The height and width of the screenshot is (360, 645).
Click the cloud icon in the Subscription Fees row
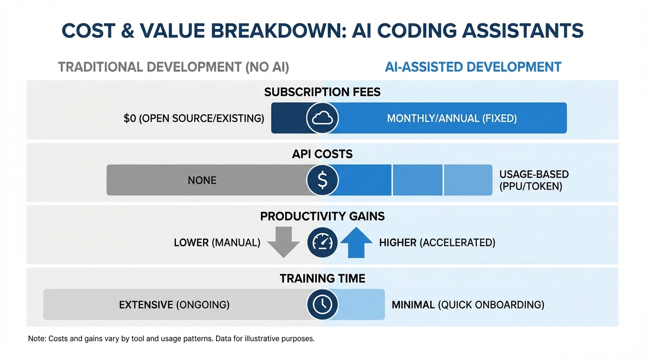point(322,118)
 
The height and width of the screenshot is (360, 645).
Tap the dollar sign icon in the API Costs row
point(322,180)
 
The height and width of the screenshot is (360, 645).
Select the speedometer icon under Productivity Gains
point(322,242)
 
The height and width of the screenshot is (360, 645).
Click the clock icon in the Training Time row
point(322,305)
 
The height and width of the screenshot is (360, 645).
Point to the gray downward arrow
point(283,242)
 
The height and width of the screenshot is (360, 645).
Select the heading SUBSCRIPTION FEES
point(322,92)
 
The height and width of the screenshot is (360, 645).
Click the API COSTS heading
point(322,154)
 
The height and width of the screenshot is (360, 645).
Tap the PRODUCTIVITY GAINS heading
point(322,216)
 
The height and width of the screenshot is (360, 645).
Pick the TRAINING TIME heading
point(322,278)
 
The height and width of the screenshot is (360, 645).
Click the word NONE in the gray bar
point(202,180)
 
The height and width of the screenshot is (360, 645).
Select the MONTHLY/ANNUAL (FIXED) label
point(451,119)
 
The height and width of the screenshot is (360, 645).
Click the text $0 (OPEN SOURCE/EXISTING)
point(194,119)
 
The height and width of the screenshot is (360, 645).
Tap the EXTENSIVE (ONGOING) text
point(174,305)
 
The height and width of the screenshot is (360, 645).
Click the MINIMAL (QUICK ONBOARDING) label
point(468,305)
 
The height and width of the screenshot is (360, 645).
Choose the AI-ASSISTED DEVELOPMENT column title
point(473,67)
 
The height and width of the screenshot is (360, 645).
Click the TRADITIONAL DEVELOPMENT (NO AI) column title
point(173,67)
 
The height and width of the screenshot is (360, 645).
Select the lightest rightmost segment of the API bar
point(468,180)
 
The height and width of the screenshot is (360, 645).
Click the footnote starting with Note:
point(171,338)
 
